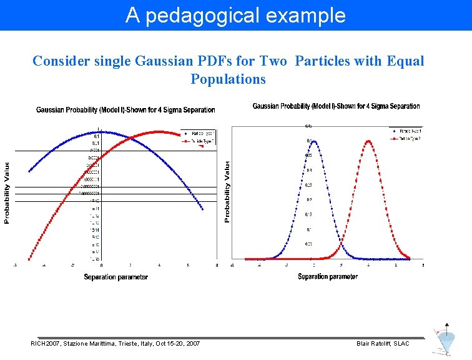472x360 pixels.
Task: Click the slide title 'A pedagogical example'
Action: pyautogui.click(x=235, y=15)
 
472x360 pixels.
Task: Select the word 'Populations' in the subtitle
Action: pyautogui.click(x=228, y=79)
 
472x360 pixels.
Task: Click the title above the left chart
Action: pyautogui.click(x=125, y=110)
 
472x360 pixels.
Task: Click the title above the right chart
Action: pyautogui.click(x=336, y=106)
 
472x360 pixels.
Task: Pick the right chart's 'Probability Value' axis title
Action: pyautogui.click(x=227, y=191)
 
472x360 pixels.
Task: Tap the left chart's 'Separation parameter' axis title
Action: pyautogui.click(x=116, y=277)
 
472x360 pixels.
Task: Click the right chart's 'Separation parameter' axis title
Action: pyautogui.click(x=328, y=276)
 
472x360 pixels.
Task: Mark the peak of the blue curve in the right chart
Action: pyautogui.click(x=314, y=141)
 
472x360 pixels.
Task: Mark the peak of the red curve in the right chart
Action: pyautogui.click(x=368, y=141)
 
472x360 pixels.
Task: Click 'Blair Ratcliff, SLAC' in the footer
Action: pyautogui.click(x=383, y=344)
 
